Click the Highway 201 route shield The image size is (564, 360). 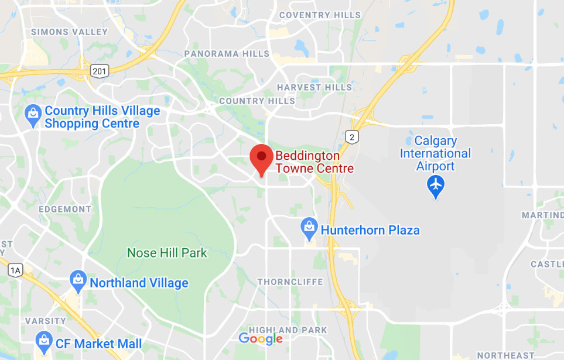pos(100,71)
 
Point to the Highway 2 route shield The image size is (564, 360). pos(351,136)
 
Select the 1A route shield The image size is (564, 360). pos(15,270)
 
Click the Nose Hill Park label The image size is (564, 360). pos(167,253)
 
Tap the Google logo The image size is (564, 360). pos(261,338)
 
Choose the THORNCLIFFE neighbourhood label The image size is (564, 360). pos(290,282)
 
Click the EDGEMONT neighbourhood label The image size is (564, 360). pos(65,209)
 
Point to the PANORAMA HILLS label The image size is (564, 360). pos(227,54)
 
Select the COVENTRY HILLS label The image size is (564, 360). pos(320,15)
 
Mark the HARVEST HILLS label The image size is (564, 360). pos(315,87)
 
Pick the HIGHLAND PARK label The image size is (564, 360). pos(288,330)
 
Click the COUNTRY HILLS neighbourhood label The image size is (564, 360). pos(257,101)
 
